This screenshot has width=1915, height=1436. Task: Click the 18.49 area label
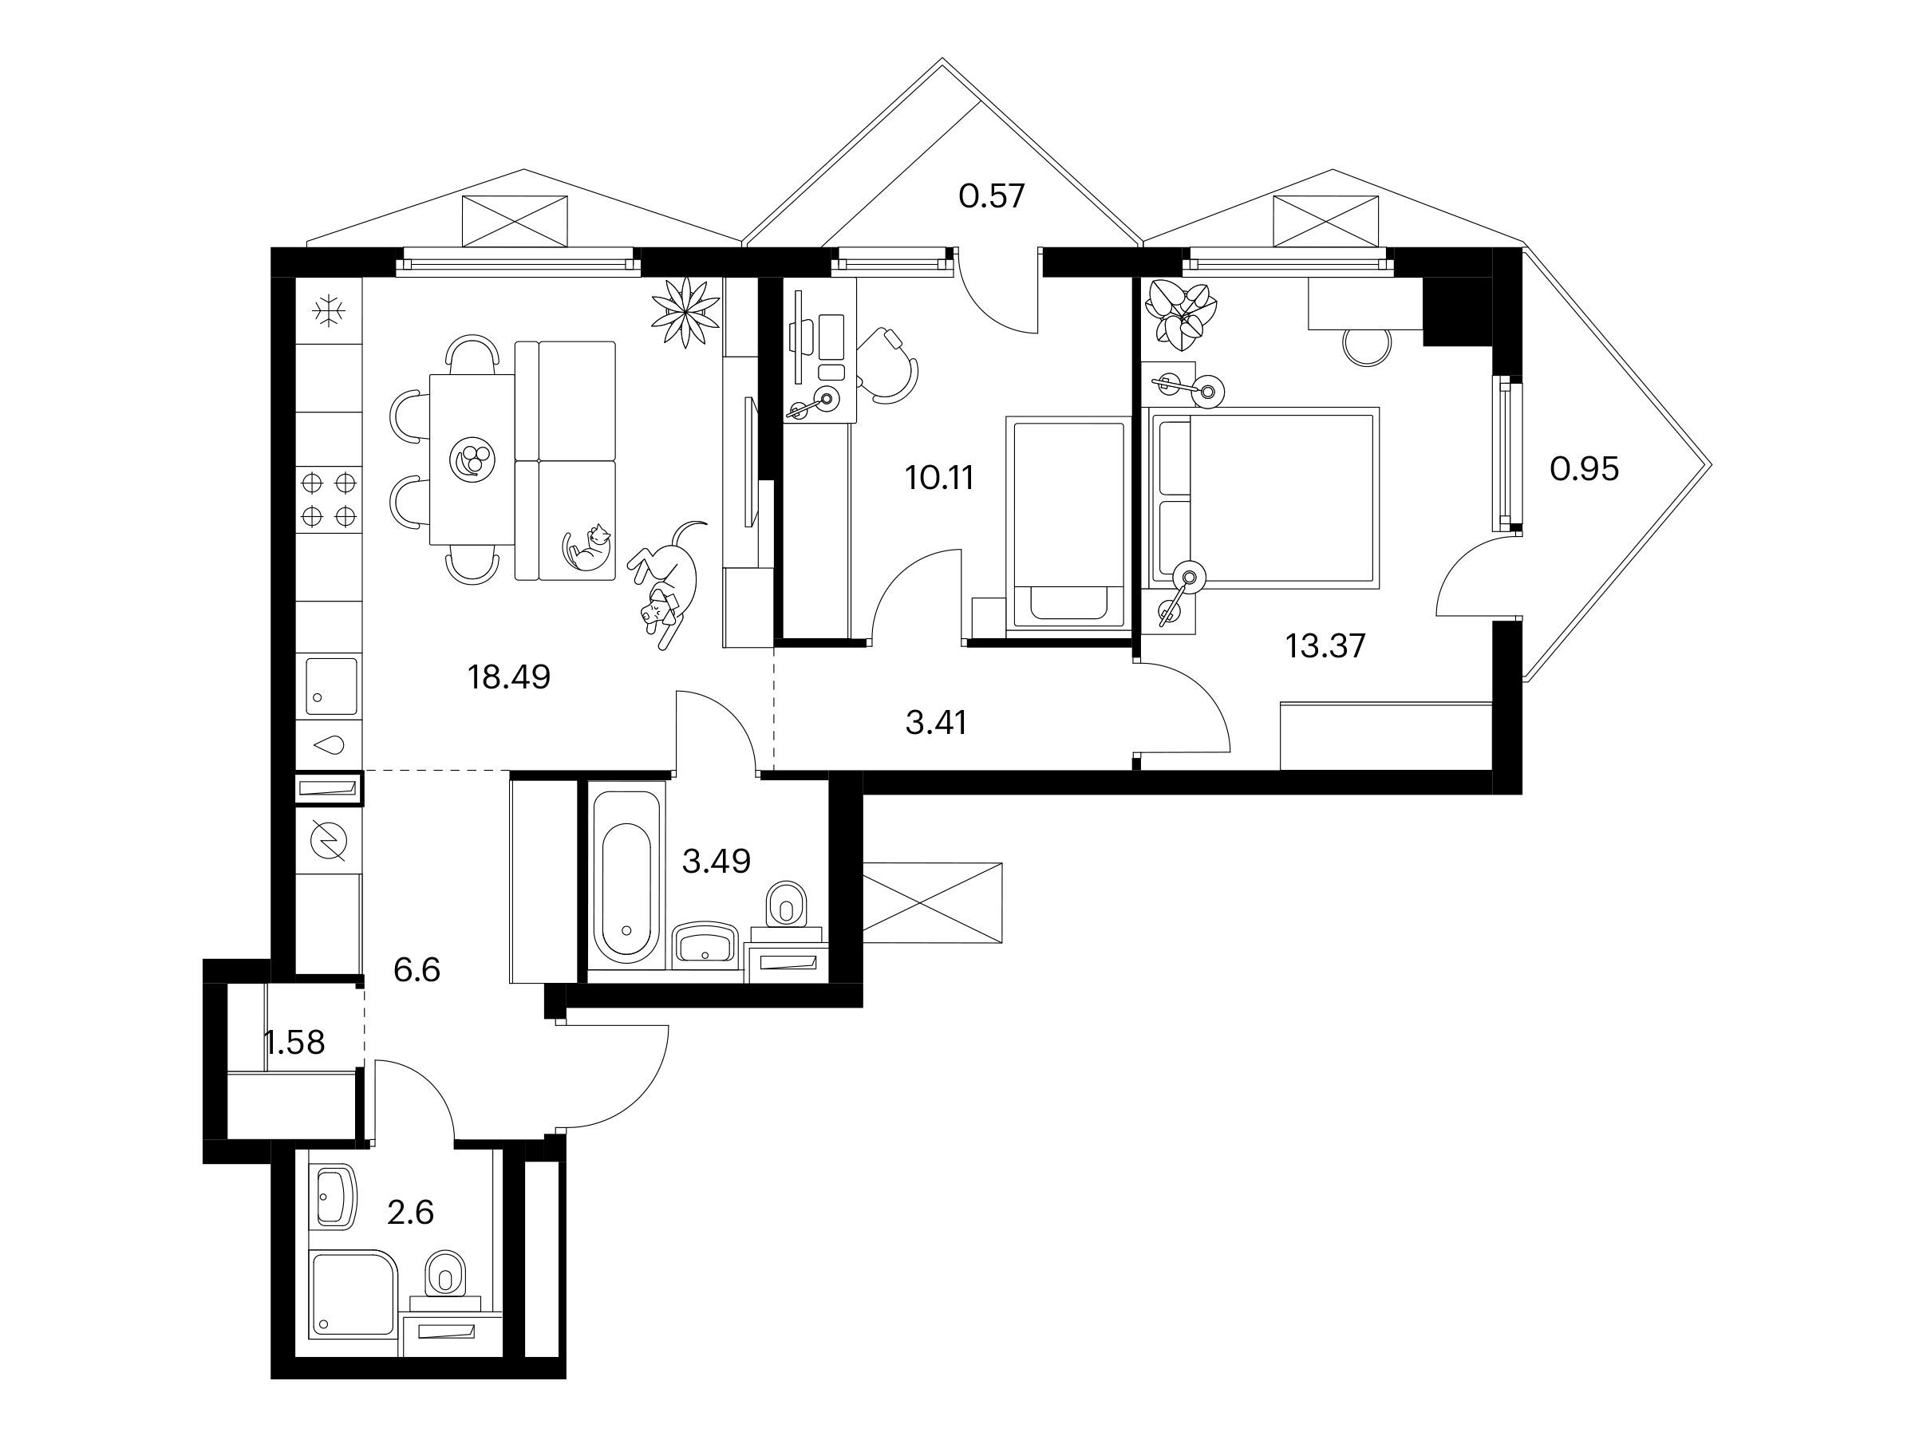(x=509, y=677)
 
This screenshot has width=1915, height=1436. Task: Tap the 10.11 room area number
(x=939, y=477)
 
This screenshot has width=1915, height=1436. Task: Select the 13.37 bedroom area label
(x=1325, y=645)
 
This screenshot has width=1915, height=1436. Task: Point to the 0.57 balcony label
(x=991, y=195)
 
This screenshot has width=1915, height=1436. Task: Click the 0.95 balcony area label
(x=1585, y=468)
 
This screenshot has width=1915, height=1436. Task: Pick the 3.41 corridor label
(x=936, y=722)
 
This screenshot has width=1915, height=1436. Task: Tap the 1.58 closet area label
(x=294, y=1042)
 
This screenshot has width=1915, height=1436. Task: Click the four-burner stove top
(x=329, y=499)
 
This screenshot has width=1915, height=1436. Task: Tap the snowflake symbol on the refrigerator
(x=329, y=311)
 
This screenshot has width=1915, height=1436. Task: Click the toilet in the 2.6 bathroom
(x=446, y=1276)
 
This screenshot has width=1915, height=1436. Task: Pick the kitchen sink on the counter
(x=330, y=685)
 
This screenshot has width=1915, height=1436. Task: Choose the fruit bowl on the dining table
(x=472, y=457)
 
